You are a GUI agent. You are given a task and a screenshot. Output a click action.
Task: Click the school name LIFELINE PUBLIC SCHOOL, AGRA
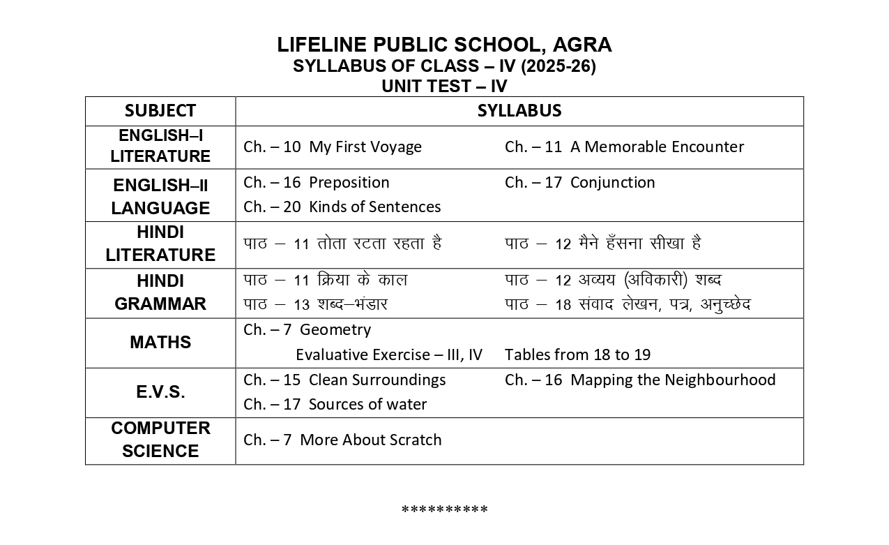[444, 45]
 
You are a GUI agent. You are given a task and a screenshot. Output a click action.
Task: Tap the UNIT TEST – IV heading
[444, 87]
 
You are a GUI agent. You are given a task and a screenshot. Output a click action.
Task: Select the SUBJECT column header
[160, 111]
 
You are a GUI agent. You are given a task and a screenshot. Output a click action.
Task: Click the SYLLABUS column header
[519, 111]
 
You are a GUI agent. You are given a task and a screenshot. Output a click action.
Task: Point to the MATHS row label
[160, 343]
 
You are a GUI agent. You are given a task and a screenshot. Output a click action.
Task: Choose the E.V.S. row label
[160, 392]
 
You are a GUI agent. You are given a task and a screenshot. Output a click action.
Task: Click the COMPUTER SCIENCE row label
[160, 440]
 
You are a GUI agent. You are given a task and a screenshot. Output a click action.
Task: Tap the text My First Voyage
[365, 147]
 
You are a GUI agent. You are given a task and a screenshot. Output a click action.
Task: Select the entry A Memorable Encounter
[657, 147]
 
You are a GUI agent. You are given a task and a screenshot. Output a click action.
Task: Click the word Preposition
[349, 183]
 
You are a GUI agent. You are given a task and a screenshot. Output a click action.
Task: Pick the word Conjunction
[612, 183]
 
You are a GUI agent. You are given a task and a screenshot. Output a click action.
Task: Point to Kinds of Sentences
[374, 207]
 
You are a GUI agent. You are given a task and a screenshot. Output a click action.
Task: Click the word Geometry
[335, 330]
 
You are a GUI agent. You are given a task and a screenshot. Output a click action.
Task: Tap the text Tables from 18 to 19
[577, 354]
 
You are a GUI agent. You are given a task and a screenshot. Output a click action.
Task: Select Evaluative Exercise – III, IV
[388, 354]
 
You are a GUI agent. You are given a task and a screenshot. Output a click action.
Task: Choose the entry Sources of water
[367, 405]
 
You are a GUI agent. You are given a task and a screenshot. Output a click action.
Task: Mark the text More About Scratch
[370, 440]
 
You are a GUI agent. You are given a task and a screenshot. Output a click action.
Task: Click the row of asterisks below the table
[444, 510]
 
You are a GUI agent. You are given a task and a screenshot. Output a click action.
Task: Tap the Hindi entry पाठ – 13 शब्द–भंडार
[315, 305]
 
